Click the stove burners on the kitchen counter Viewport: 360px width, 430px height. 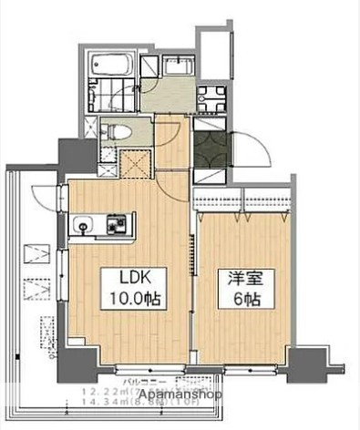[x=117, y=220]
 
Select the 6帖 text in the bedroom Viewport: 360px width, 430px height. [x=240, y=299]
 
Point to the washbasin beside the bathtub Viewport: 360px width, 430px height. [x=176, y=65]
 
